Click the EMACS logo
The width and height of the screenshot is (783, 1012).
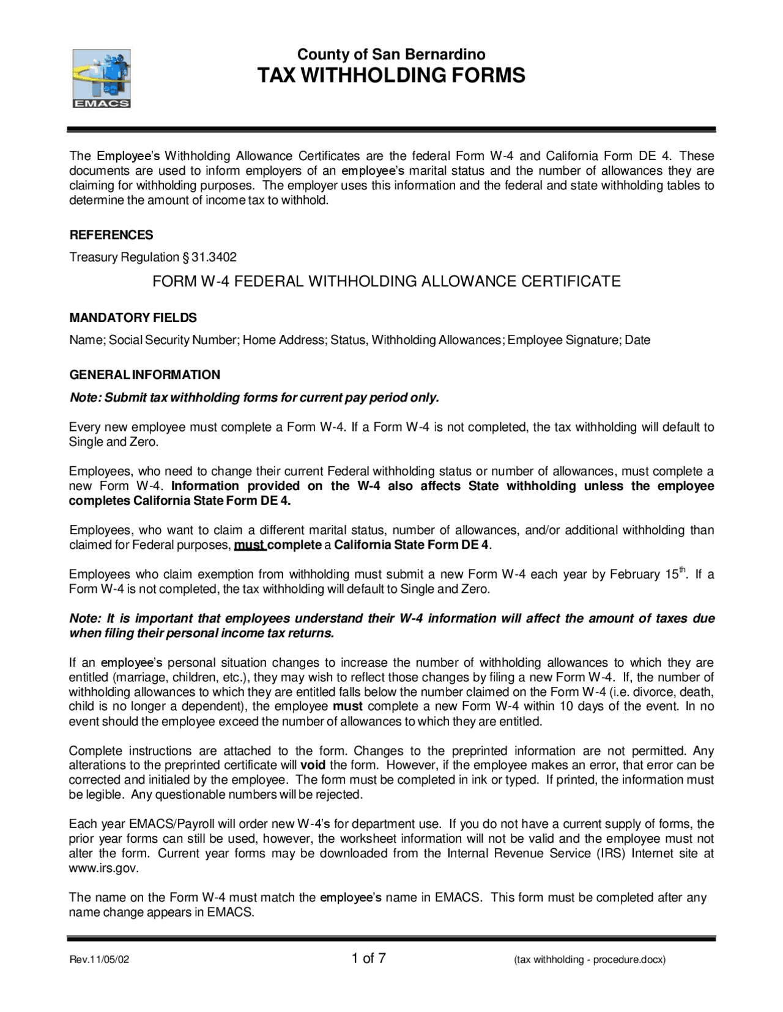point(102,78)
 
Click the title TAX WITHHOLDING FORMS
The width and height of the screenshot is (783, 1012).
point(391,76)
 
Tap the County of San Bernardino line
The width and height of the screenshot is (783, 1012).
point(391,54)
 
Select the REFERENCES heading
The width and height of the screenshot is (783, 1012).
point(111,235)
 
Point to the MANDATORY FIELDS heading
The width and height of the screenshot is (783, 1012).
point(133,318)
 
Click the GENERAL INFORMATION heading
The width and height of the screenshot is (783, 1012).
point(144,375)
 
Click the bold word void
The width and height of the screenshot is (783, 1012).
point(313,766)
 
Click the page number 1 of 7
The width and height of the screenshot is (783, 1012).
point(368,958)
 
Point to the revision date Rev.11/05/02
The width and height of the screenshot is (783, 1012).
point(99,960)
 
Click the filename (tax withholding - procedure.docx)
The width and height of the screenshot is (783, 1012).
point(590,960)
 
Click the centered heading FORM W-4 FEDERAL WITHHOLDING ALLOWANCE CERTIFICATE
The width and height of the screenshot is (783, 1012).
point(386,282)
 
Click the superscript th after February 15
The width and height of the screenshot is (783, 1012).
point(683,571)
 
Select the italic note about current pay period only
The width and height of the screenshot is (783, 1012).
point(254,398)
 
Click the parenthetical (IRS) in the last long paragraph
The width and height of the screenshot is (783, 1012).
point(611,854)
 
